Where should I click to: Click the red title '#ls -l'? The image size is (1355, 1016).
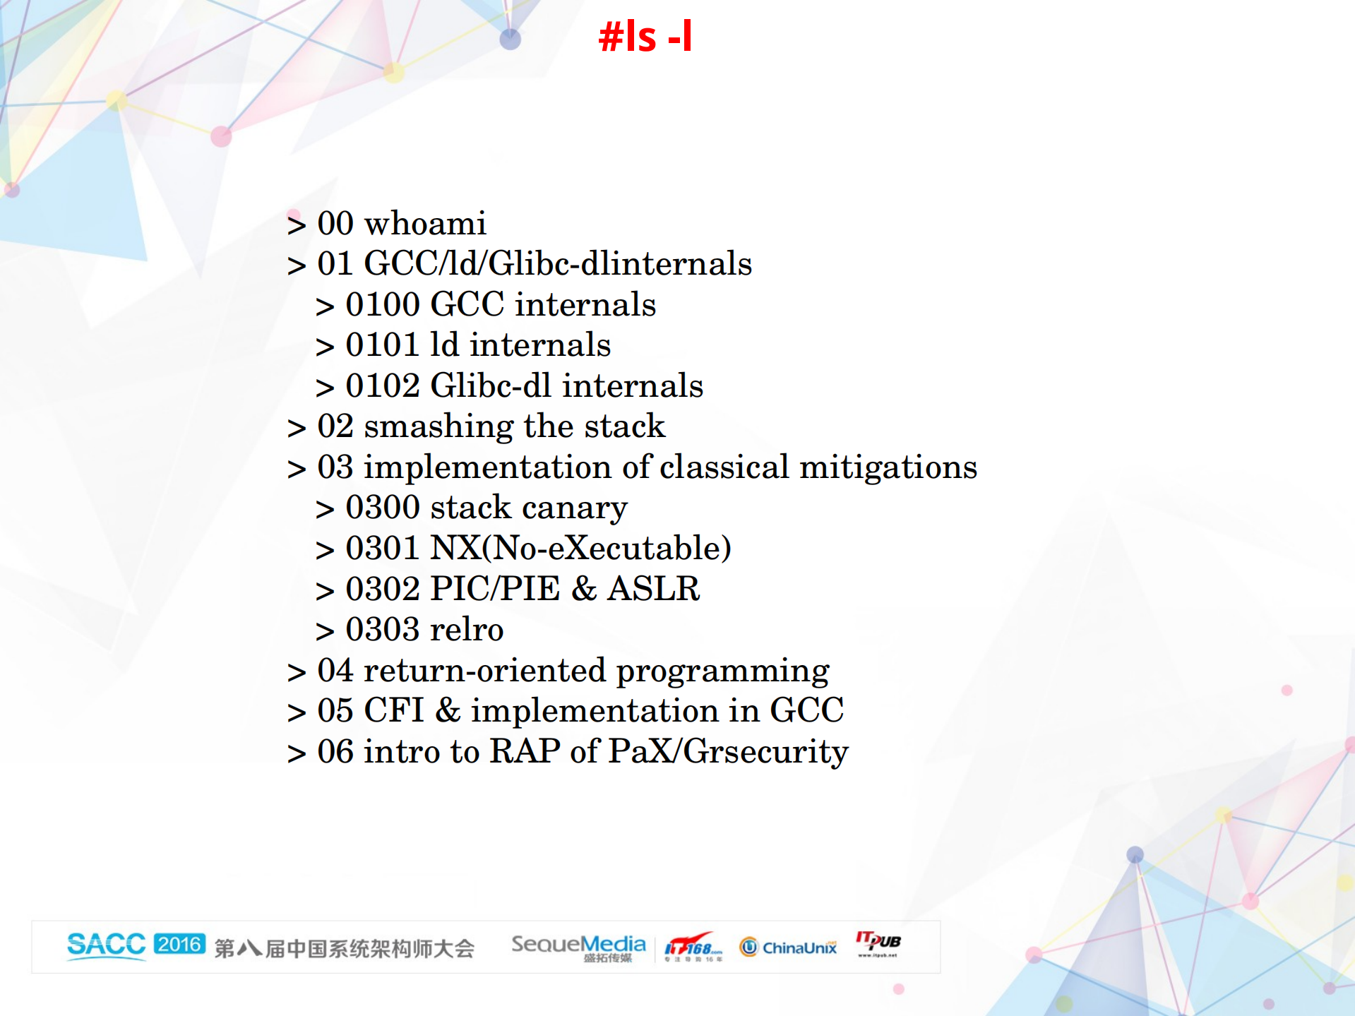[x=645, y=37]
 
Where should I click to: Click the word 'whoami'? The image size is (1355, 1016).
[x=424, y=224]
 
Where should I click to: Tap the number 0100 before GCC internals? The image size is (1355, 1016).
[x=382, y=305]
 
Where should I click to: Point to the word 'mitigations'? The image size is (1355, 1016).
[x=888, y=467]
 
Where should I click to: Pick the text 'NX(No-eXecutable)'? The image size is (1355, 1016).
[x=580, y=549]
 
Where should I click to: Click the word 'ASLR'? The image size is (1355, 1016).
[x=653, y=589]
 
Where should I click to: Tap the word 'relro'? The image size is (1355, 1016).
[x=467, y=630]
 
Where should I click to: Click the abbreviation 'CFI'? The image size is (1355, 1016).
[x=393, y=711]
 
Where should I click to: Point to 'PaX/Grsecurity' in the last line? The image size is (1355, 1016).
[x=728, y=752]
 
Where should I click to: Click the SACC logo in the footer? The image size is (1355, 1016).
[x=106, y=945]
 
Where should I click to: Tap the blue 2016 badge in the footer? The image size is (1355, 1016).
[x=179, y=944]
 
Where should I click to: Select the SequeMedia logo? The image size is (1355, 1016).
[x=578, y=946]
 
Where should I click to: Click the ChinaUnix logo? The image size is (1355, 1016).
[x=788, y=948]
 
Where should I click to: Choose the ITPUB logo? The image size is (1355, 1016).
[x=878, y=943]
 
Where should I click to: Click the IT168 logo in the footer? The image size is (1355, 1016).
[x=693, y=946]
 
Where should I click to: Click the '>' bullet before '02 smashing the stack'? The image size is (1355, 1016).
[x=297, y=429]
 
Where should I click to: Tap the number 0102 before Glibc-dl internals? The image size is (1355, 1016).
[x=382, y=386]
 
